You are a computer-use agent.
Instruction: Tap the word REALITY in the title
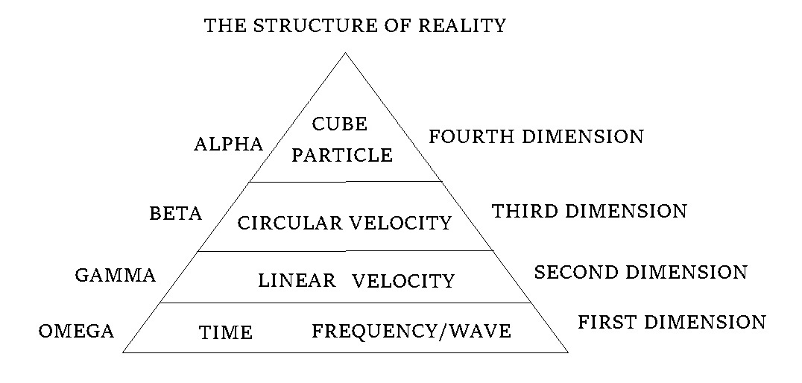(462, 25)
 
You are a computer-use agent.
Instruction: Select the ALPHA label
(228, 145)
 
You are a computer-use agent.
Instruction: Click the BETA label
(175, 213)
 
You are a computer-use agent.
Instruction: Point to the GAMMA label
(115, 275)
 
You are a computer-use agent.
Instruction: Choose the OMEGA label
(76, 332)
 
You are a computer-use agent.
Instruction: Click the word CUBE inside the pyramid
(340, 124)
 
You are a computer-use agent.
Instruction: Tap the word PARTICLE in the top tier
(342, 155)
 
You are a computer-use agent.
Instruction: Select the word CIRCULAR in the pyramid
(290, 223)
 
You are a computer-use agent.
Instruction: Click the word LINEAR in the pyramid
(297, 280)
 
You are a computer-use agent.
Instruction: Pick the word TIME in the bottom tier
(226, 333)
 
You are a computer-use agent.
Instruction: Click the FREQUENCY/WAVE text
(411, 332)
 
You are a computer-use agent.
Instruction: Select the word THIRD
(524, 211)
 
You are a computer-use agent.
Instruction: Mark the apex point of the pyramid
(345, 53)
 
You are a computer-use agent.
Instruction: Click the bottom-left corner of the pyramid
(123, 352)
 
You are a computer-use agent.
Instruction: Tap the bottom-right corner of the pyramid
(568, 352)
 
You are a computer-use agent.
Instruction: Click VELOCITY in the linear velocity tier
(403, 281)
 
